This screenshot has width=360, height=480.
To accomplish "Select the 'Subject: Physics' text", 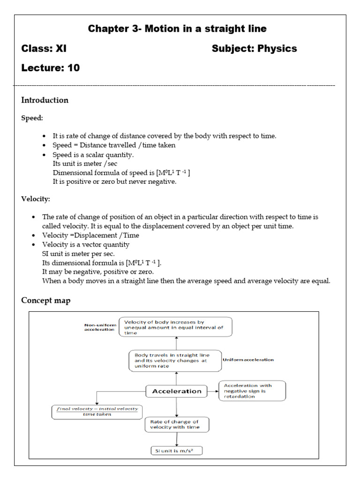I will (254, 49).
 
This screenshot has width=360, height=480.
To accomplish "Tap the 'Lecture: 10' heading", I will (51, 68).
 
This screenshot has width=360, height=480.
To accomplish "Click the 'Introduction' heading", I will (45, 100).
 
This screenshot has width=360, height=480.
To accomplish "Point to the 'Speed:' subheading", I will (32, 119).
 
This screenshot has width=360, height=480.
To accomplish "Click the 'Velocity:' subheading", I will (36, 199).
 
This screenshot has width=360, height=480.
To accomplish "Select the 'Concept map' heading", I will (46, 300).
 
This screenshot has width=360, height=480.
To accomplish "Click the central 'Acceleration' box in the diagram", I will (176, 391).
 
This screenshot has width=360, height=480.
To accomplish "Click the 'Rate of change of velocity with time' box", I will (177, 424).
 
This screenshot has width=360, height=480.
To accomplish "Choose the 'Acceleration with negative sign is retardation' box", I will (252, 391).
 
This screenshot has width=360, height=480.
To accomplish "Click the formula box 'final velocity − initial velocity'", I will (97, 412).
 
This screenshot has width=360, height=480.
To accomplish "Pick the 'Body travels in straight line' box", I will (175, 360).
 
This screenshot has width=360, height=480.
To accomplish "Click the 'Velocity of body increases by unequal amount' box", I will (175, 327).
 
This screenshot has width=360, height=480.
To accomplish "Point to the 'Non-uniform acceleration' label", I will (99, 327).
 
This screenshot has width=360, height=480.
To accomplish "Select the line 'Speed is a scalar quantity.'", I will (93, 155).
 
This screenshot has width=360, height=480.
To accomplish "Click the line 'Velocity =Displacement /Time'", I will (90, 235).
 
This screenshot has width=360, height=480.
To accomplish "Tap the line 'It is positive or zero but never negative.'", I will (114, 182).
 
